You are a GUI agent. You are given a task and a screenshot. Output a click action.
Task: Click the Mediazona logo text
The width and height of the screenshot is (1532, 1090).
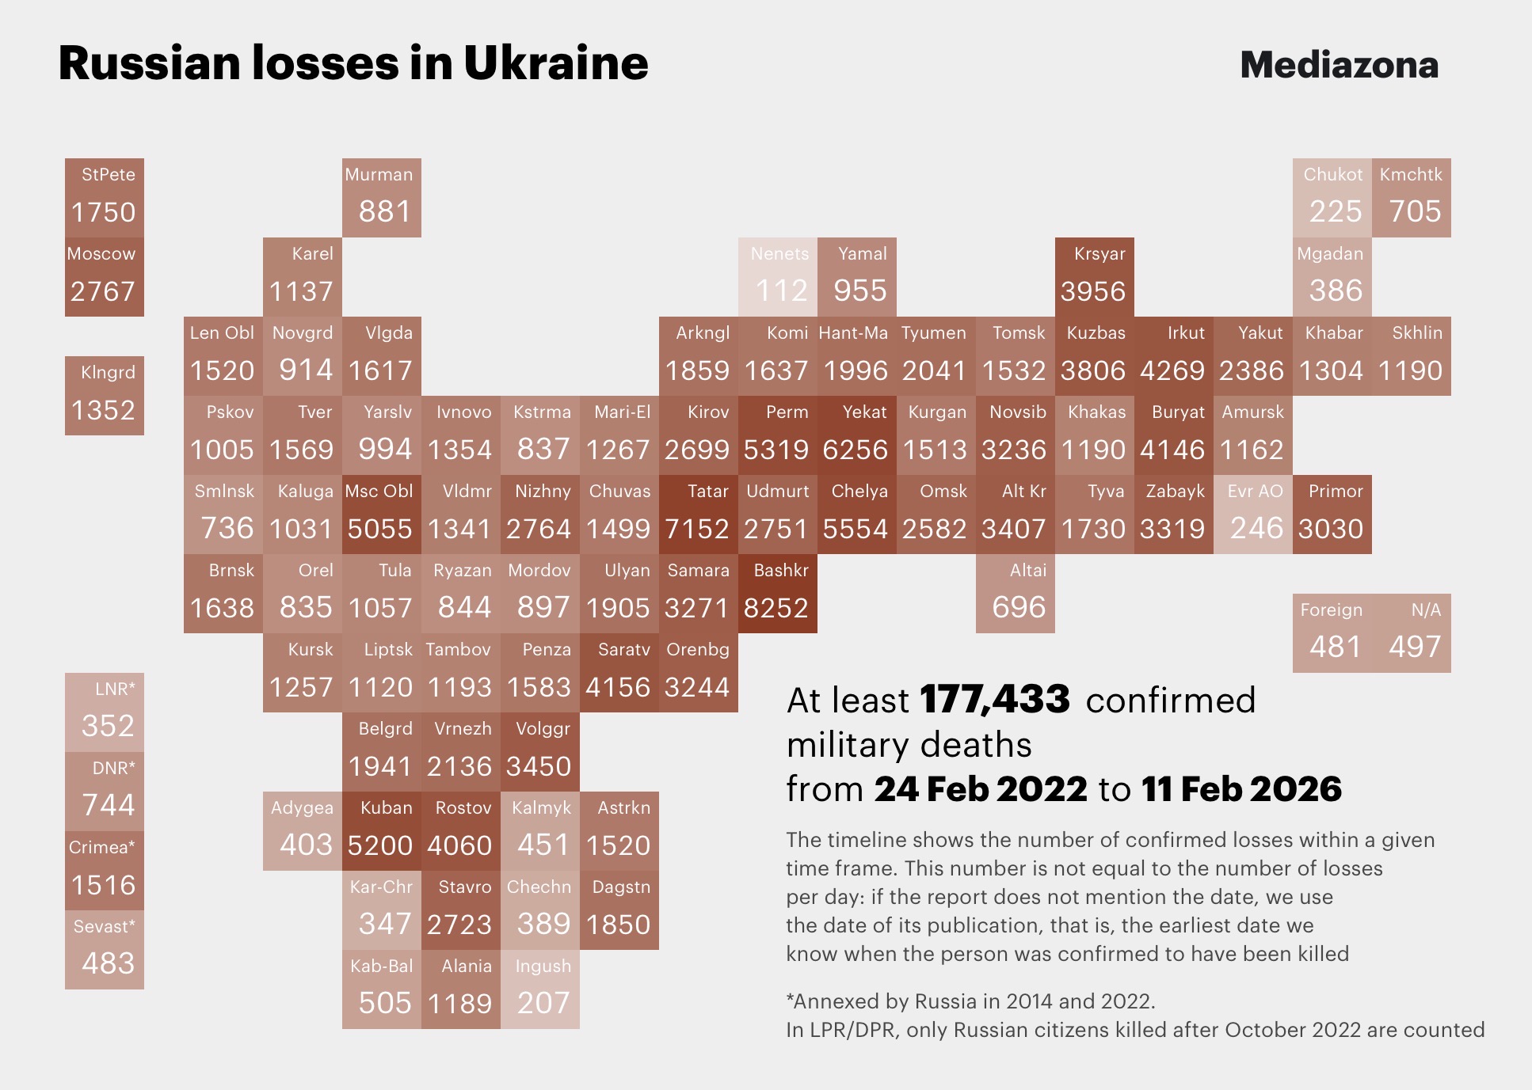(x=1339, y=65)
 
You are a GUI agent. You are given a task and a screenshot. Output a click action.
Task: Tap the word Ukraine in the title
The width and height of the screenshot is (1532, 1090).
(x=556, y=63)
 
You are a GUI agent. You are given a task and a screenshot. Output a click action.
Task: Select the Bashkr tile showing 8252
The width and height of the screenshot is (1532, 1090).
(x=777, y=594)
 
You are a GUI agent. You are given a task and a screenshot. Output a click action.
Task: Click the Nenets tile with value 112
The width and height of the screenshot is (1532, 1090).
(x=777, y=277)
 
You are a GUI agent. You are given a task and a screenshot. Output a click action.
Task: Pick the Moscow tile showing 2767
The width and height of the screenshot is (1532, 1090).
(x=105, y=277)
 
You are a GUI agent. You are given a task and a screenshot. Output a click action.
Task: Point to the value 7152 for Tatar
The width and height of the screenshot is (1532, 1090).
(x=697, y=529)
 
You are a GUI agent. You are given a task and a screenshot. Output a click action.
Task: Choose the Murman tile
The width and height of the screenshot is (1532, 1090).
(x=381, y=198)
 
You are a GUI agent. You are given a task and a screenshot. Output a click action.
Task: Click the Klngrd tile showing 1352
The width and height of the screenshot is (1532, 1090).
(x=105, y=396)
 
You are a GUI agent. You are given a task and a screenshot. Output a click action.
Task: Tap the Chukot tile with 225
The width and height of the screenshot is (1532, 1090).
(x=1332, y=198)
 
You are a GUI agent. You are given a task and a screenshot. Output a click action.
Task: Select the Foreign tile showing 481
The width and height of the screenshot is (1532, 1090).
(x=1332, y=633)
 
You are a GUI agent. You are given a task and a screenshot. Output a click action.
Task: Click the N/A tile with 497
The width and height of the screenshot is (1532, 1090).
(x=1411, y=633)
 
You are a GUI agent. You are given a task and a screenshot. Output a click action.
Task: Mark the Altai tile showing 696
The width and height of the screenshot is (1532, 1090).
(x=1015, y=594)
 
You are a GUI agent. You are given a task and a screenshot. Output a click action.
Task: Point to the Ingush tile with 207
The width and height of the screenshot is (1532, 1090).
(x=539, y=989)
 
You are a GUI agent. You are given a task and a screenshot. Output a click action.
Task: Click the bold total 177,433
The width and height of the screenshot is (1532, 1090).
(x=995, y=700)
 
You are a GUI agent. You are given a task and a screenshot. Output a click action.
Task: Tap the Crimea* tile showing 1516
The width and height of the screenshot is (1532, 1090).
(x=105, y=871)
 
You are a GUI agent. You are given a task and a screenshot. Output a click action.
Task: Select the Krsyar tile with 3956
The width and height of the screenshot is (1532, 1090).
(x=1094, y=277)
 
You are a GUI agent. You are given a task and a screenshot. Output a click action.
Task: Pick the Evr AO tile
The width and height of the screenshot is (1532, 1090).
(x=1252, y=515)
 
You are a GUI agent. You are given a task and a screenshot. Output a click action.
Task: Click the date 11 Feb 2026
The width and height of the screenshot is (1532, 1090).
(x=1241, y=789)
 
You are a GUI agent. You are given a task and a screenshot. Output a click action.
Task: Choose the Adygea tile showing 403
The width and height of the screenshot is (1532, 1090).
(x=302, y=831)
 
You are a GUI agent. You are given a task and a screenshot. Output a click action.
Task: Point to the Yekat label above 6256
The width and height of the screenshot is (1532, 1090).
(x=864, y=412)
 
